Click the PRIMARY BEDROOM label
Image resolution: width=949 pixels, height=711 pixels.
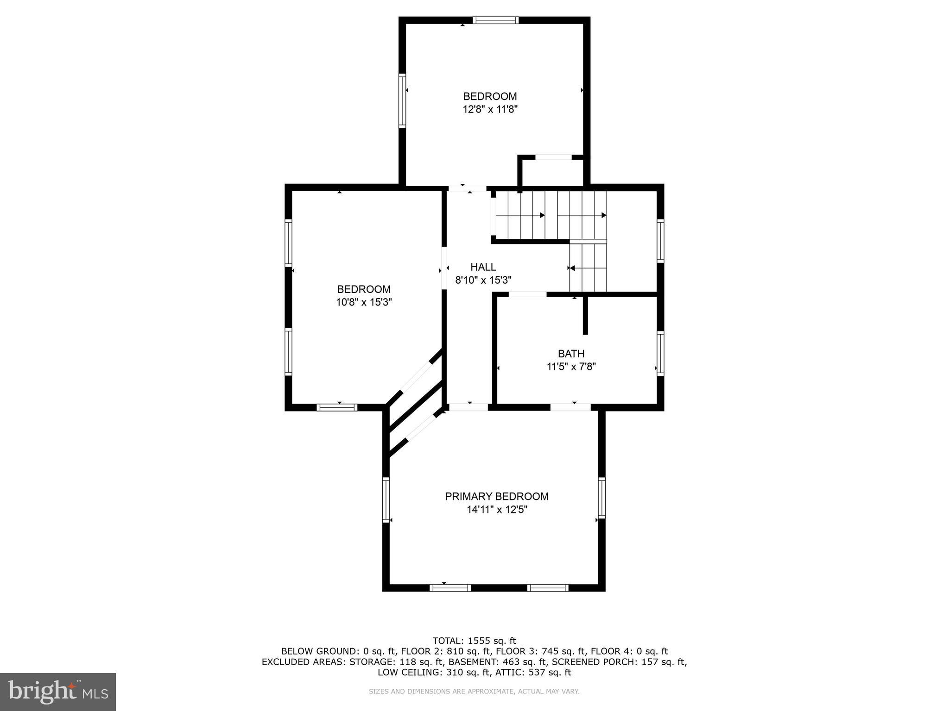coord(497,496)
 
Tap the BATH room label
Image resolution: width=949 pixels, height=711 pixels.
coord(571,354)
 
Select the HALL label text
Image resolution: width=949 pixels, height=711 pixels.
coord(483,267)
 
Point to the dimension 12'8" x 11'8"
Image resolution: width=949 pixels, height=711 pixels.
coord(490,110)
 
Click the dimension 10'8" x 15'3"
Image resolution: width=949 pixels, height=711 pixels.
coord(364,302)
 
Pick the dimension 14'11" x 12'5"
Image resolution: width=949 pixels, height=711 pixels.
coord(497,510)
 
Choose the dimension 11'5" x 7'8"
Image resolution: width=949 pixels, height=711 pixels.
coord(571,367)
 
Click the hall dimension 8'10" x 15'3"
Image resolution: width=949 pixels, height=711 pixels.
coord(483,280)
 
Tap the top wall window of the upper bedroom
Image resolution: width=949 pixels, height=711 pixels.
coord(495,20)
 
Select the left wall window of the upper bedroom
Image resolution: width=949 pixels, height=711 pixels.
coord(402,100)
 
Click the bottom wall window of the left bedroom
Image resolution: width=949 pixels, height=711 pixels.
coord(337,407)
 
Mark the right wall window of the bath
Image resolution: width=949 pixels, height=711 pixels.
coord(660,353)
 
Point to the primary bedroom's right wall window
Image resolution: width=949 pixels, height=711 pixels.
coord(601,498)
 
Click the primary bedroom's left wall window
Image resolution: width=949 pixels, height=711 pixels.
coord(386,499)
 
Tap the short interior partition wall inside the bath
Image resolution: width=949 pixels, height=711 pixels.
coord(585,315)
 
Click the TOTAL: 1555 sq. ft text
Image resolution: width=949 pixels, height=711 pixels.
coord(474,641)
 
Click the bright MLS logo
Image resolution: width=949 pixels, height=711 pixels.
coord(58,692)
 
